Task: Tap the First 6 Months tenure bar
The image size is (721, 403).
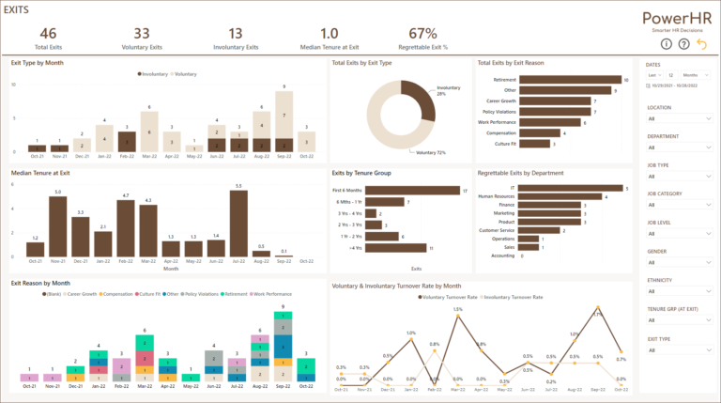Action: [412, 191]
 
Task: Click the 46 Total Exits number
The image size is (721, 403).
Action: [48, 33]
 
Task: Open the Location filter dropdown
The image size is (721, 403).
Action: [680, 120]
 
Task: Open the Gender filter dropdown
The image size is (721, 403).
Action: [680, 263]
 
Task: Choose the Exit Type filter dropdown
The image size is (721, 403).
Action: [680, 349]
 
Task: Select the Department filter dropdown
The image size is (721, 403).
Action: [680, 147]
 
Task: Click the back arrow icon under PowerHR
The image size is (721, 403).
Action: [699, 43]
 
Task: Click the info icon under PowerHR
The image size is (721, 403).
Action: [667, 43]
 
